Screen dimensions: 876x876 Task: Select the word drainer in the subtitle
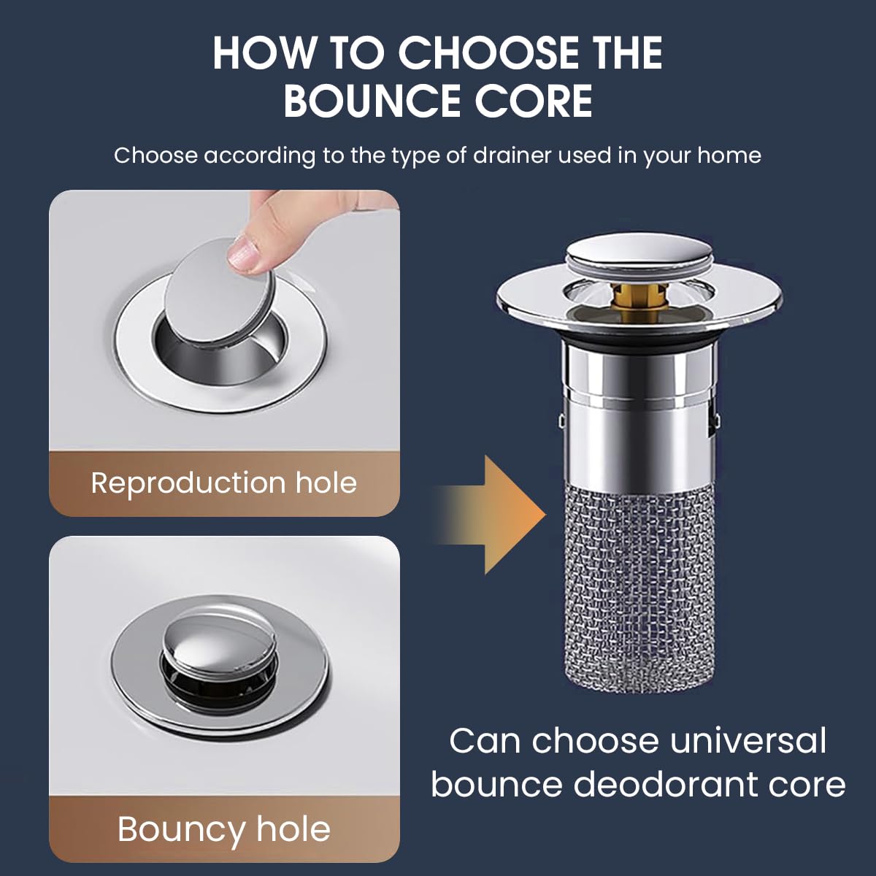point(511,155)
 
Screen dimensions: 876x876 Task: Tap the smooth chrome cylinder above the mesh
point(640,423)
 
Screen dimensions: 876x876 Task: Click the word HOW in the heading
point(263,53)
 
